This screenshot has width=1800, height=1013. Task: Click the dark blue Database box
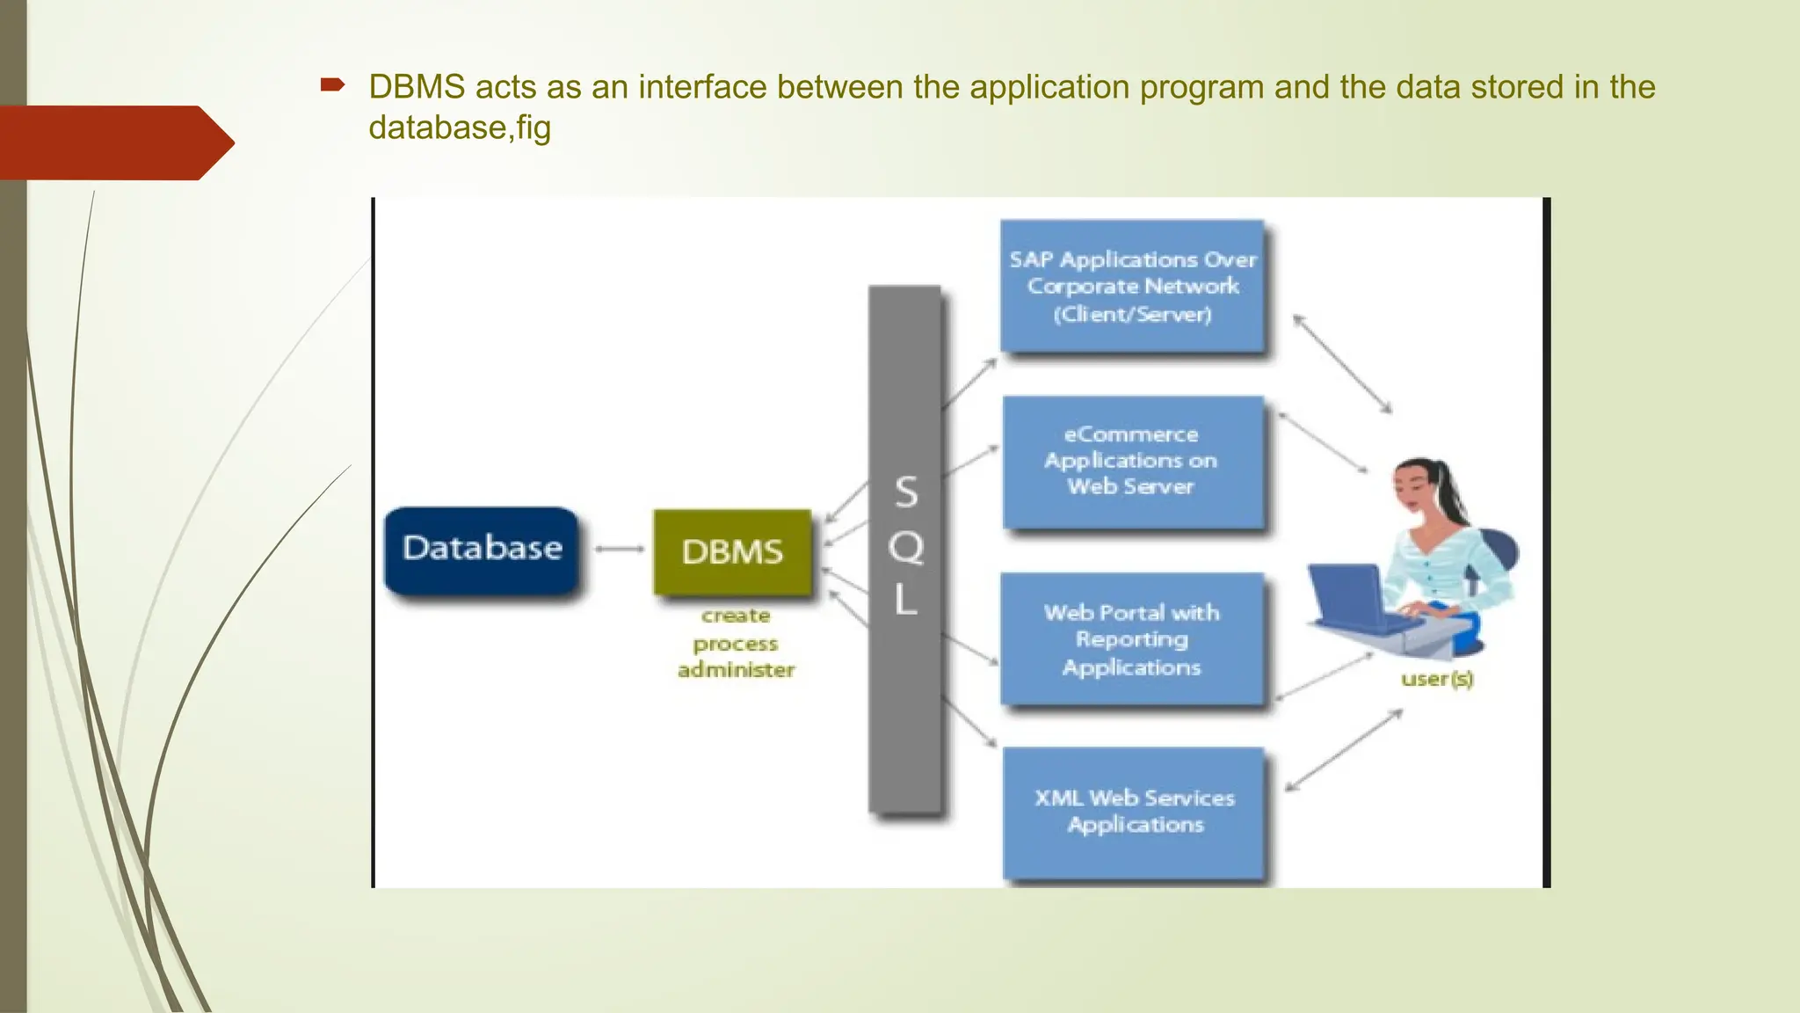pyautogui.click(x=482, y=550)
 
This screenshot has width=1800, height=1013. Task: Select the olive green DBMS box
pyautogui.click(x=732, y=552)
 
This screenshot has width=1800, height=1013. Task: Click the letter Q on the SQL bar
pyautogui.click(x=905, y=548)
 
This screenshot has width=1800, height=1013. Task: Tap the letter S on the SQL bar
pyautogui.click(x=906, y=492)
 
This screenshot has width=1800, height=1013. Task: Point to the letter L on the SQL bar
pyautogui.click(x=905, y=601)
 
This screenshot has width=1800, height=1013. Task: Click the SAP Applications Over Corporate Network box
pyautogui.click(x=1132, y=287)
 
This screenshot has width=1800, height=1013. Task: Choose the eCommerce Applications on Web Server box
pyautogui.click(x=1132, y=462)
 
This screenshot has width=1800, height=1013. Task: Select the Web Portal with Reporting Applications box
pyautogui.click(x=1132, y=639)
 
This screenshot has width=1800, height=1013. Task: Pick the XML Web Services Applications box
pyautogui.click(x=1134, y=812)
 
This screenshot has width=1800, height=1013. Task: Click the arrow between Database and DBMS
pyautogui.click(x=619, y=550)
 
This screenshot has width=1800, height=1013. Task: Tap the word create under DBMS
pyautogui.click(x=736, y=616)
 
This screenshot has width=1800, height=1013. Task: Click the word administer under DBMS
pyautogui.click(x=736, y=670)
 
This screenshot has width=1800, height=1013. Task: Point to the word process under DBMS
pyautogui.click(x=736, y=644)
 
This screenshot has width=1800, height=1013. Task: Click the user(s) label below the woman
pyautogui.click(x=1437, y=679)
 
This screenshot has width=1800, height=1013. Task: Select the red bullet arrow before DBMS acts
pyautogui.click(x=332, y=85)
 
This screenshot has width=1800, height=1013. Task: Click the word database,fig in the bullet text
pyautogui.click(x=460, y=128)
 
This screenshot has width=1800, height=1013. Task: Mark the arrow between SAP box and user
pyautogui.click(x=1342, y=364)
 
